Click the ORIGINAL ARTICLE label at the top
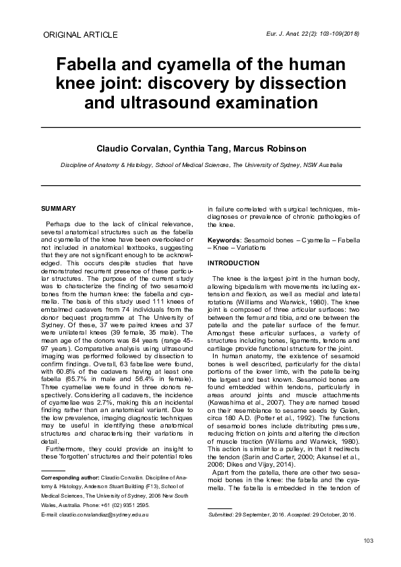(80, 34)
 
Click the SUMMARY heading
(58, 209)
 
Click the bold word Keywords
(223, 240)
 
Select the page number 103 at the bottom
(368, 541)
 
